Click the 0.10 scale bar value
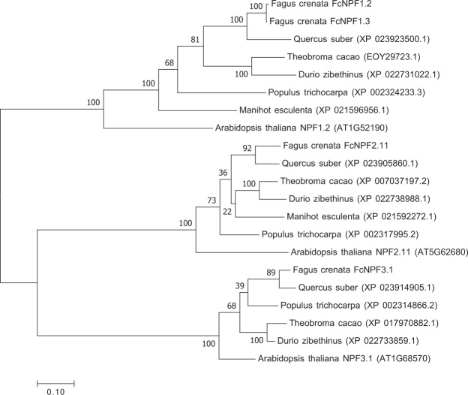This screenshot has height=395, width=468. [56, 390]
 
